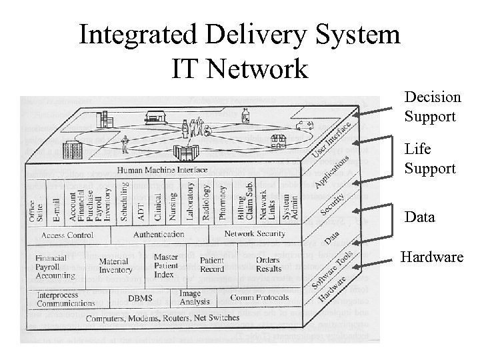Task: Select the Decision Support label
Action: click(432, 107)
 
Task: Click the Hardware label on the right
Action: click(431, 257)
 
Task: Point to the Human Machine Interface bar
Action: click(162, 170)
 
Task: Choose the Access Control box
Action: click(67, 235)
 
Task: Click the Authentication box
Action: click(159, 235)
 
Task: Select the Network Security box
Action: click(254, 234)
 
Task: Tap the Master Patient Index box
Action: click(165, 265)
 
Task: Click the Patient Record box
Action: click(212, 265)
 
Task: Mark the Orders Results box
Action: click(268, 265)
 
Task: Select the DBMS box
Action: click(140, 299)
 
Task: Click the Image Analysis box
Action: click(194, 297)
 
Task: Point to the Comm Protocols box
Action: click(259, 297)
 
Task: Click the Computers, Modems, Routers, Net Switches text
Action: click(162, 318)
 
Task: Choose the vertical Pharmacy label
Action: click(223, 202)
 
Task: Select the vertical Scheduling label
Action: click(124, 202)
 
